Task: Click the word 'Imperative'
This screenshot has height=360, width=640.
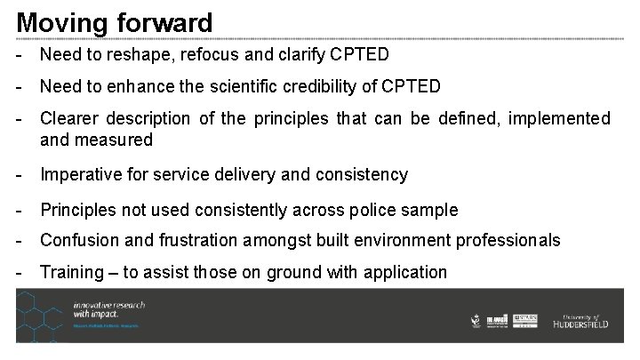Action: pos(79,174)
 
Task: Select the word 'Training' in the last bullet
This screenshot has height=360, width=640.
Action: pos(70,272)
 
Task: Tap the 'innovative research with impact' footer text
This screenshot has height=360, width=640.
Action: pos(110,310)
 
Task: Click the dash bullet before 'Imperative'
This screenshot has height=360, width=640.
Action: pos(20,174)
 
